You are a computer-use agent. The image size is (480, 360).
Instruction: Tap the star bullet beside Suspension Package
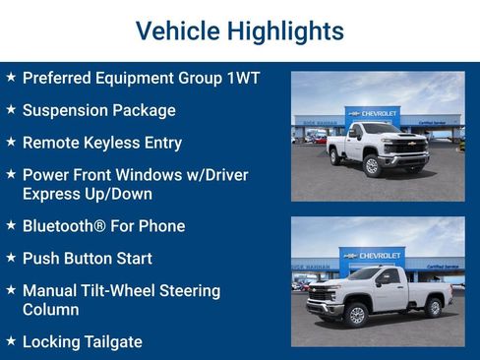(10, 110)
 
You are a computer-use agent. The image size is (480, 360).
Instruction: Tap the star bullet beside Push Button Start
(10, 259)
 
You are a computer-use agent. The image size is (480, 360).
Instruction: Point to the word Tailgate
(112, 342)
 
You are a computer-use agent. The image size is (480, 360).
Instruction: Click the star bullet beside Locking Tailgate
(10, 342)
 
